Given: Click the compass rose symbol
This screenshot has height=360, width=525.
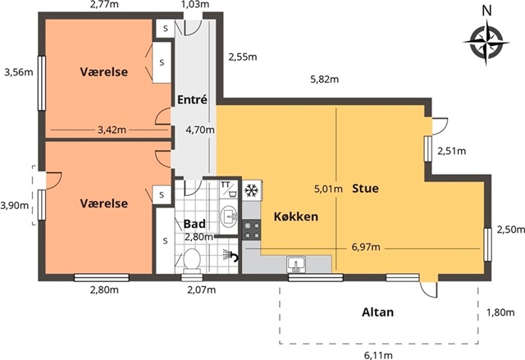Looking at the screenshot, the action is click(x=486, y=43).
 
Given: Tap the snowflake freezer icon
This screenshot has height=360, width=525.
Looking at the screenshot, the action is click(x=252, y=190).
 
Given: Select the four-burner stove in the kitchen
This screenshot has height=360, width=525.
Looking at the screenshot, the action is click(x=252, y=230).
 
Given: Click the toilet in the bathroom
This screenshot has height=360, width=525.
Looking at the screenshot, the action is click(x=191, y=260).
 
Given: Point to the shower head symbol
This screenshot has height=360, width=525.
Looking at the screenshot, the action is click(x=231, y=255).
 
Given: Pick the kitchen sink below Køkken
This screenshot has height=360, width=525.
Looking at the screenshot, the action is click(x=296, y=264).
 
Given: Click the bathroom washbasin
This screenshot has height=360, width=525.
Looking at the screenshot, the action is click(x=229, y=216).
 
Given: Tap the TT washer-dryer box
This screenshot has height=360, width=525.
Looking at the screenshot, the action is click(x=228, y=189).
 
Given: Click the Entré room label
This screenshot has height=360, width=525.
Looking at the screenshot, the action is click(x=192, y=100).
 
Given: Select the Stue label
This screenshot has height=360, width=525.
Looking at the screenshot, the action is click(x=365, y=189).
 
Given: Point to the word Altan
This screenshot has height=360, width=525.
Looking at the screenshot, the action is click(x=377, y=312).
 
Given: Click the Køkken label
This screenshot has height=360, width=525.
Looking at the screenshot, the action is click(x=296, y=216).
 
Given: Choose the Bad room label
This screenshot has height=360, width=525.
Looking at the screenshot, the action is click(x=194, y=224).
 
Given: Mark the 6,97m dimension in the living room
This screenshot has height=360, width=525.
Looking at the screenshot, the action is click(x=366, y=248).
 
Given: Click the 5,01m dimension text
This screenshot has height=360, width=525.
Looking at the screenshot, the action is click(x=328, y=189).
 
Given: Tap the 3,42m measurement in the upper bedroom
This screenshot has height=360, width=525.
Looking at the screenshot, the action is click(x=112, y=130).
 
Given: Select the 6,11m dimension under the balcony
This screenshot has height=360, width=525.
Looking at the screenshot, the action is click(x=378, y=354).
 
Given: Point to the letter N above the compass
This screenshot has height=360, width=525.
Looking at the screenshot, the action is click(x=486, y=11).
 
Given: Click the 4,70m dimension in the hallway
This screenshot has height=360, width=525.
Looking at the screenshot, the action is click(x=200, y=130).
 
